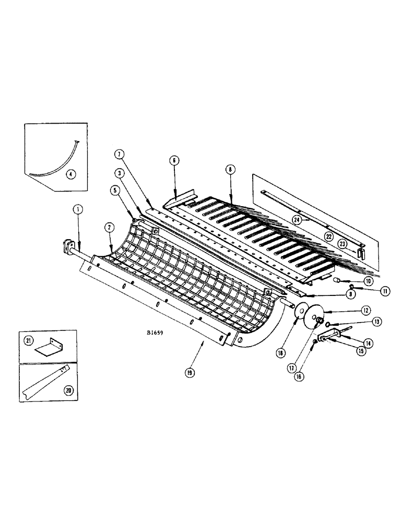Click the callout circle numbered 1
(x=77, y=210)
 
